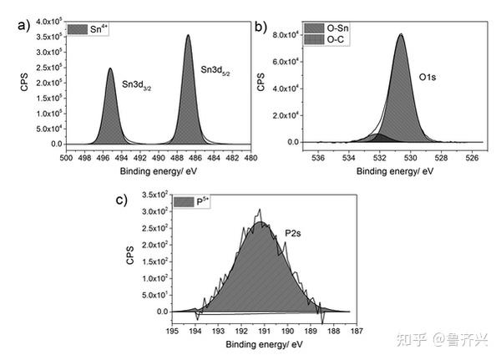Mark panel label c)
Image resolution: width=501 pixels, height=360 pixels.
pos(122,200)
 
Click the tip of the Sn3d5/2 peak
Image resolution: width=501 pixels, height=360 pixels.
pos(188,35)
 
